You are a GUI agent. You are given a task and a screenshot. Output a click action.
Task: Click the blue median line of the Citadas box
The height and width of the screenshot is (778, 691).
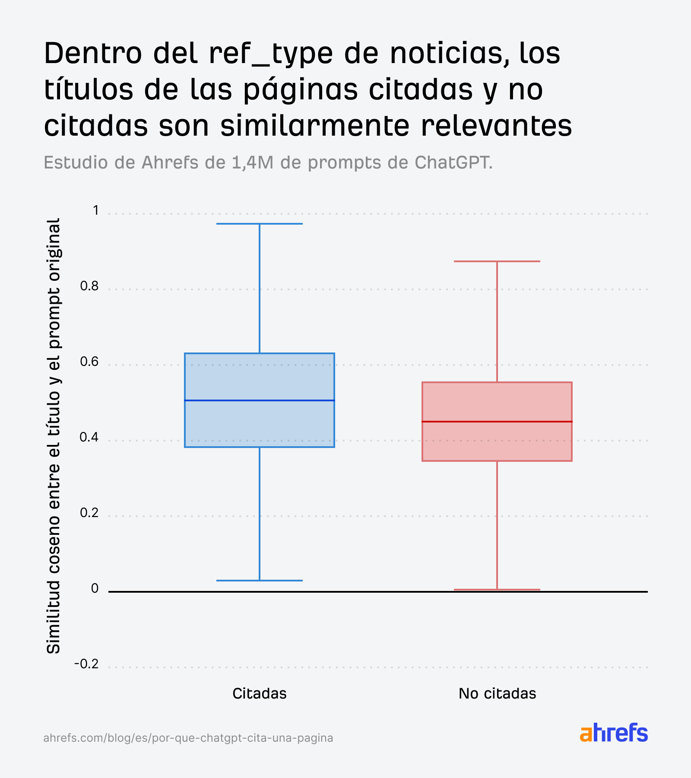coord(260,400)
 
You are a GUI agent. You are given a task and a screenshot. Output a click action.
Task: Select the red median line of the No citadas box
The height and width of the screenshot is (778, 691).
coord(497,422)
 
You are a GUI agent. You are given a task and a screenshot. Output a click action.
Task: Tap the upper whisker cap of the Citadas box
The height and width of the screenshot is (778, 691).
coord(260,224)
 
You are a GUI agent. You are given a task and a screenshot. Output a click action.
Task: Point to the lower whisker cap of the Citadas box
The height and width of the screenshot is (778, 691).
coord(260,580)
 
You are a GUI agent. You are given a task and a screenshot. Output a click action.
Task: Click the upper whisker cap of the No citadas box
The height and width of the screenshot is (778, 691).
coord(497,261)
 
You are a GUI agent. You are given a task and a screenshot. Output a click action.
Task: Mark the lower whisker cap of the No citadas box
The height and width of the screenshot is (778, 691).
coord(497,589)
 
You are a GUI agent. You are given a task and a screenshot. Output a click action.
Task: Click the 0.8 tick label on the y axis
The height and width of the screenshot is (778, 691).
coord(89,286)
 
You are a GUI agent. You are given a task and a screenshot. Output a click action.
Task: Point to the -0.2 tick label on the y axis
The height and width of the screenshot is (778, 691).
coord(87,664)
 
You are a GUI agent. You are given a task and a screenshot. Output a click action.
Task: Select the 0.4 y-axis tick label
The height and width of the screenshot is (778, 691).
coord(89,437)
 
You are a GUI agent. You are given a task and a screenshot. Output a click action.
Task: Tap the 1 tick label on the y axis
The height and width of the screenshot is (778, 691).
coord(95,210)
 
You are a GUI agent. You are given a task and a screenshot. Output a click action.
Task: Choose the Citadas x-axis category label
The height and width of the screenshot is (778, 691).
coord(260,693)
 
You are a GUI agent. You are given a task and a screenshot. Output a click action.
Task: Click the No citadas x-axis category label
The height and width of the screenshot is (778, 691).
coord(497,693)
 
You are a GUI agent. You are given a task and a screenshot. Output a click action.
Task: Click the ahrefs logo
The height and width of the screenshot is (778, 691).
coord(614,733)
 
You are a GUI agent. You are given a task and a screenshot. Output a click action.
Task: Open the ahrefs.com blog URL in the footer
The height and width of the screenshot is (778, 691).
coord(188,738)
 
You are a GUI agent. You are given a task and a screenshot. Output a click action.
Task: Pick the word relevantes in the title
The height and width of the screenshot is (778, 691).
coord(496,126)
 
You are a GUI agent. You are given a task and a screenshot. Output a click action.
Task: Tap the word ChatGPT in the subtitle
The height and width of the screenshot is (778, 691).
coord(453,163)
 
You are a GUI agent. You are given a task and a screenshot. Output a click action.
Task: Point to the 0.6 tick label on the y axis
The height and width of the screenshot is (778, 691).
coord(89,362)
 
